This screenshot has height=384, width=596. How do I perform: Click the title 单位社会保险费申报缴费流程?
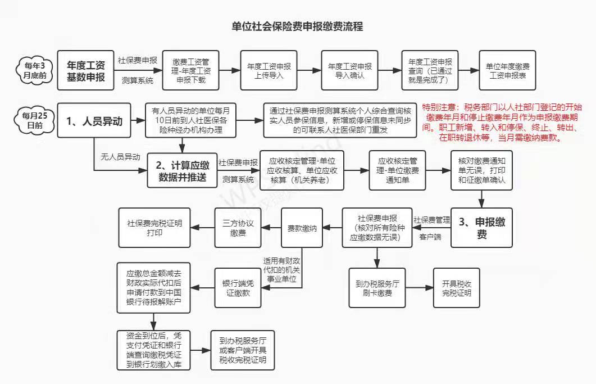297,26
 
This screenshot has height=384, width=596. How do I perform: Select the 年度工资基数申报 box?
86,70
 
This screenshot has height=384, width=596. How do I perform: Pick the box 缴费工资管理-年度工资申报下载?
190,70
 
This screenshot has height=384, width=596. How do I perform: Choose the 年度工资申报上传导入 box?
269,70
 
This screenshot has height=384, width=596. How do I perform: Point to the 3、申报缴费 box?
481,227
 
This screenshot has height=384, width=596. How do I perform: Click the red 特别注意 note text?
503,123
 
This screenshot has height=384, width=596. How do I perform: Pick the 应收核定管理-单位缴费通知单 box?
397,170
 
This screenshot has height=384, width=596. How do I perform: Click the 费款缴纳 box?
303,228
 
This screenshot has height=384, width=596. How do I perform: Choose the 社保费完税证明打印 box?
154,227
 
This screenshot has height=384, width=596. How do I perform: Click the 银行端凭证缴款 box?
238,287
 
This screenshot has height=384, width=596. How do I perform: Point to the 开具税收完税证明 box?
457,287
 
